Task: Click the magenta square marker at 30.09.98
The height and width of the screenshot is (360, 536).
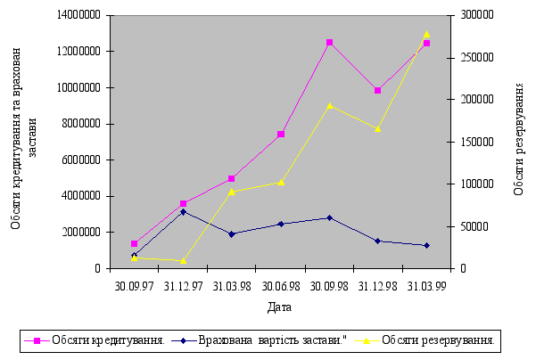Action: point(329,43)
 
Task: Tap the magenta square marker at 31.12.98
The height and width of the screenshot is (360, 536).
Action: point(378,90)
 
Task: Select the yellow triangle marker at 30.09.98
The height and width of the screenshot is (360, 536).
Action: point(329,105)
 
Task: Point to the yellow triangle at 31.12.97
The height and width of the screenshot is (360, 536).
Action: point(183,260)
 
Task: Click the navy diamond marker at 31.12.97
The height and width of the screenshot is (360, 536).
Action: point(183,212)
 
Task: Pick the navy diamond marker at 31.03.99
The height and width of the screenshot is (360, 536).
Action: point(426,245)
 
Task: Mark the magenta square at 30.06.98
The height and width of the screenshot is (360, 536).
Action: point(280,135)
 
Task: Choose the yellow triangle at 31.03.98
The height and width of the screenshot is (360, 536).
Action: point(232,192)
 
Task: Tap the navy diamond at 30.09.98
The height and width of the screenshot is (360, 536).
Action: point(329,217)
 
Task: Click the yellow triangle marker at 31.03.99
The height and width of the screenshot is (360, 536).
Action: point(426,34)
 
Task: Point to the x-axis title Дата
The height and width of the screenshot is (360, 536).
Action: point(278,307)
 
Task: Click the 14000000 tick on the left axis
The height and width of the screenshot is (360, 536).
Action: point(78,15)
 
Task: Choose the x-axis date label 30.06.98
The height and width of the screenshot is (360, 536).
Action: point(280,285)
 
